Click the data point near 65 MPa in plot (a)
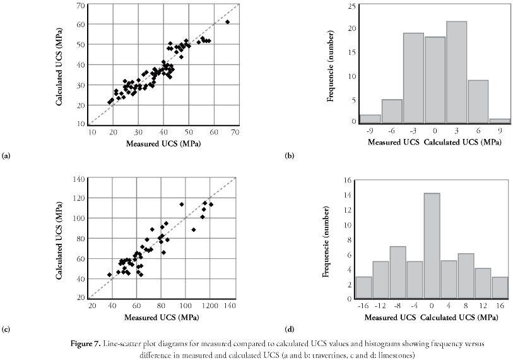227,22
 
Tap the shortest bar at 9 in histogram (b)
499,121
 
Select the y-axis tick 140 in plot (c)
79,179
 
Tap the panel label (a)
6,154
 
